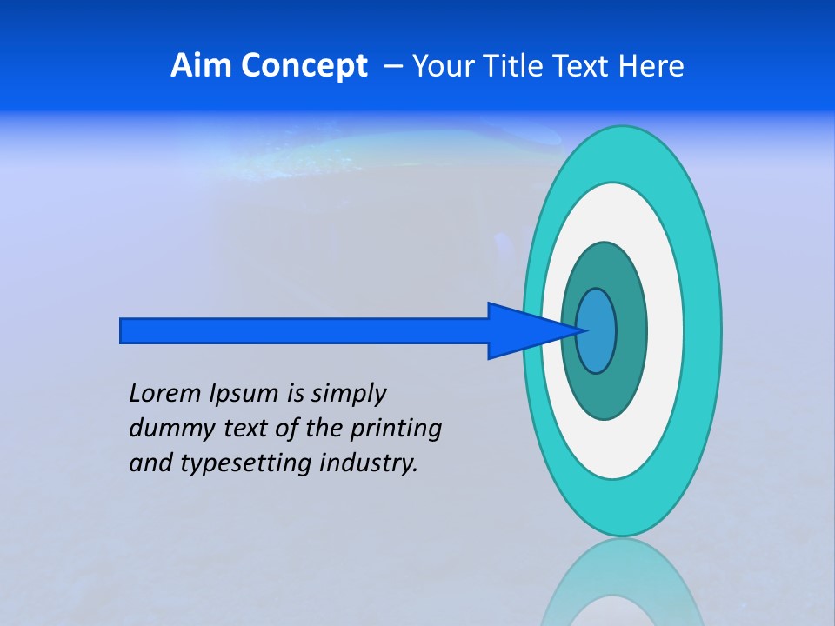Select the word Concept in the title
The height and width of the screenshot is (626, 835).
[x=304, y=66]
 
